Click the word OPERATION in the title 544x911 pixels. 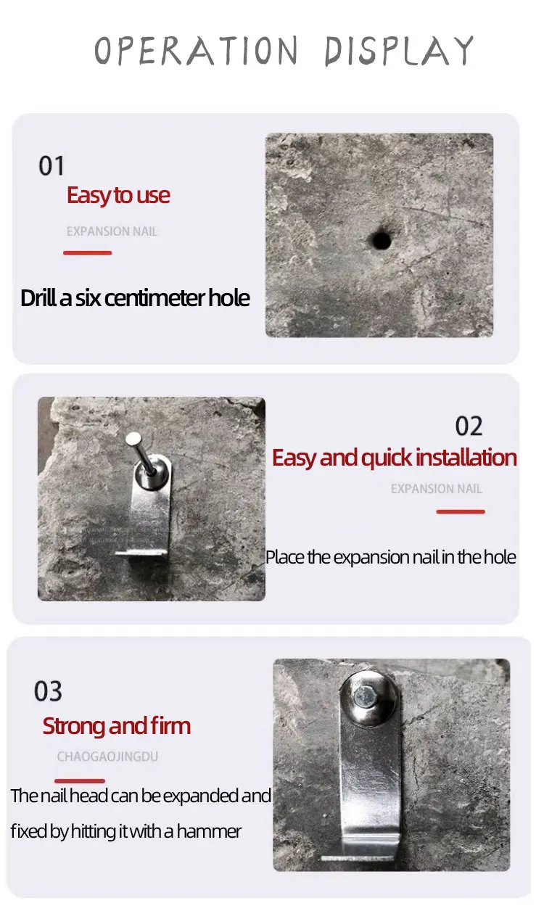coord(197,50)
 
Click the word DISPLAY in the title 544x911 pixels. coord(399,51)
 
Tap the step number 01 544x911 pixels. coord(51,166)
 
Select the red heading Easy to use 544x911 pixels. coord(118,196)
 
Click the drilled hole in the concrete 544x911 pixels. coord(382,240)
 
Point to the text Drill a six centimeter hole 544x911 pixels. coord(135,297)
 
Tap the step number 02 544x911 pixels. coord(469,426)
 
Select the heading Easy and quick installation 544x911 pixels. coord(395,458)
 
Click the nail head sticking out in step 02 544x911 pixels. coord(133,440)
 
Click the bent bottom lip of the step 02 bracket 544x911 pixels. coord(141,553)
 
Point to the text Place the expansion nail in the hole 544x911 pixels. coord(391,557)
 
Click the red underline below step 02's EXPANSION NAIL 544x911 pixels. coord(461,511)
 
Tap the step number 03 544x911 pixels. coord(48,691)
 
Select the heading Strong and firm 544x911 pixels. coord(117,726)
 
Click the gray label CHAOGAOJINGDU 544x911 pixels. coord(107,757)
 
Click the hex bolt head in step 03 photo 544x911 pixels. coord(365,696)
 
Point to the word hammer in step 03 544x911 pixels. coord(209,831)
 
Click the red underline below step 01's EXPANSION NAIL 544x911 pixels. coord(88,253)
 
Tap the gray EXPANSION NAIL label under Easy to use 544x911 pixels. coord(112,231)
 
